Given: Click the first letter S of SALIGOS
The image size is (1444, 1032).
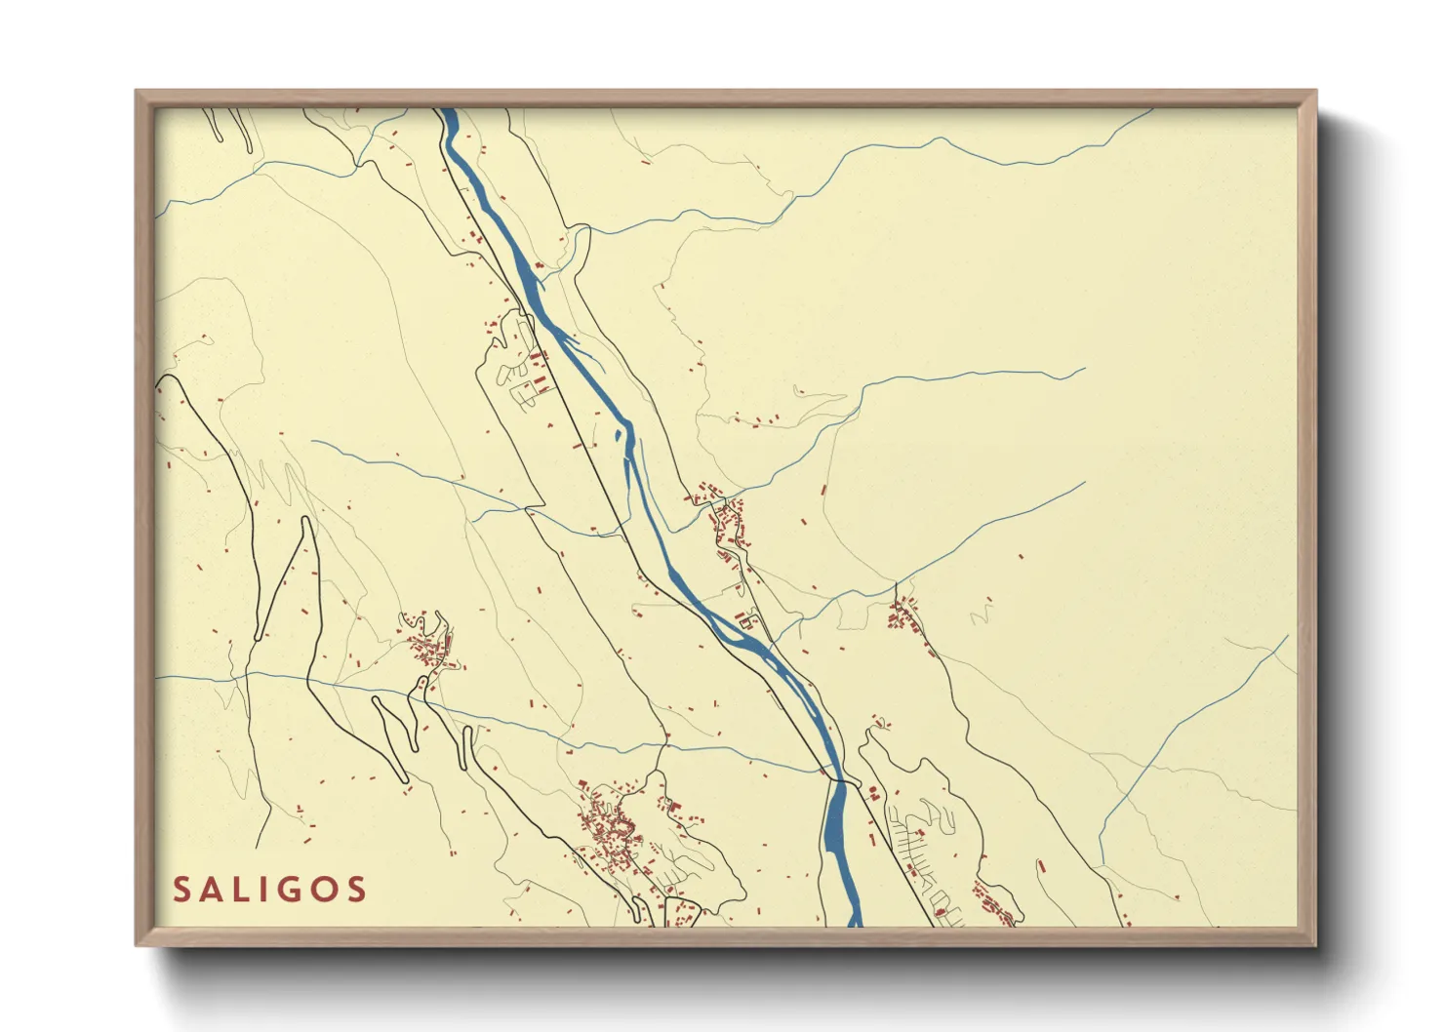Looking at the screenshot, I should point(181,890).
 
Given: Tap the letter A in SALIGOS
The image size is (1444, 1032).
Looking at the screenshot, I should point(214,890).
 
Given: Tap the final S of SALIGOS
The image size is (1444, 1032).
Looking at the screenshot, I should point(356,890).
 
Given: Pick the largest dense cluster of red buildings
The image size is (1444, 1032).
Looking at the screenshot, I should point(610,829).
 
